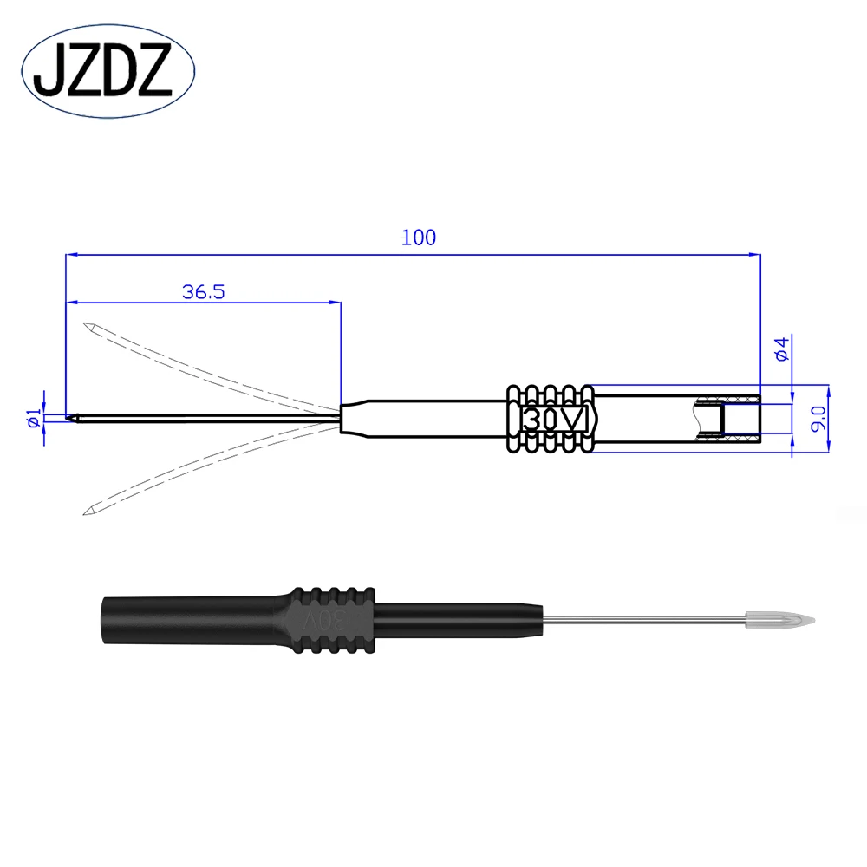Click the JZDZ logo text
[x=108, y=72]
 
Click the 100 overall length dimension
[x=418, y=238]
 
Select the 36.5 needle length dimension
[x=204, y=292]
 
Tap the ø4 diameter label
[x=780, y=349]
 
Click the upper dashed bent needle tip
[x=89, y=328]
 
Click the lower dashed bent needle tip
[x=89, y=509]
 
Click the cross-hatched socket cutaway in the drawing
[x=728, y=419]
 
